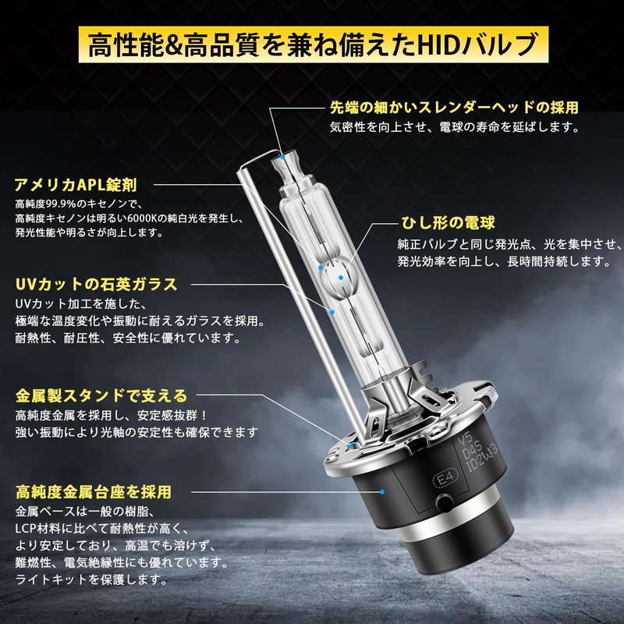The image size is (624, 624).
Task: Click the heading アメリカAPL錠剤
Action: pos(76,185)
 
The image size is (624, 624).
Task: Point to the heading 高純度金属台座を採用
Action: pos(93,492)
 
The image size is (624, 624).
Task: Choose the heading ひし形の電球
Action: pos(448,224)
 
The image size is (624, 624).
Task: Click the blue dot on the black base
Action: pos(384,492)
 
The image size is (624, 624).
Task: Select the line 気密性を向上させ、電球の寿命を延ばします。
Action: pos(454,126)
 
